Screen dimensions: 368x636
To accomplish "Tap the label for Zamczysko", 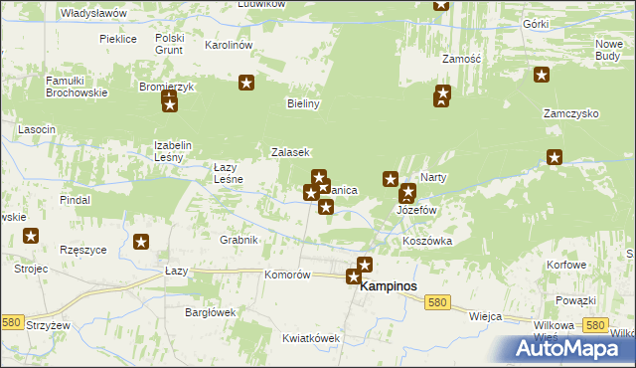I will [570, 113].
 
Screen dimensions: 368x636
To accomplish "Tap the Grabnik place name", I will [239, 240].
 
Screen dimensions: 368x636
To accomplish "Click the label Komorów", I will [289, 275].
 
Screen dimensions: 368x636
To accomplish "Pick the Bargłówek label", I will [210, 311].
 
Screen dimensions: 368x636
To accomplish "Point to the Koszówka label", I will [427, 242].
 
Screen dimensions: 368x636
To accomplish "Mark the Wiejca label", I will [485, 315].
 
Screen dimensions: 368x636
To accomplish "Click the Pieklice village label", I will [117, 39].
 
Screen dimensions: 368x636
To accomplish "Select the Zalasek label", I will [292, 152].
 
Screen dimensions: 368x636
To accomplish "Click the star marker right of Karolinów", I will [246, 84].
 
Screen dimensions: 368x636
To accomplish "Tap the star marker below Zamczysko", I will [555, 156].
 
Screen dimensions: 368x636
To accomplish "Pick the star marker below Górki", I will [542, 74].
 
